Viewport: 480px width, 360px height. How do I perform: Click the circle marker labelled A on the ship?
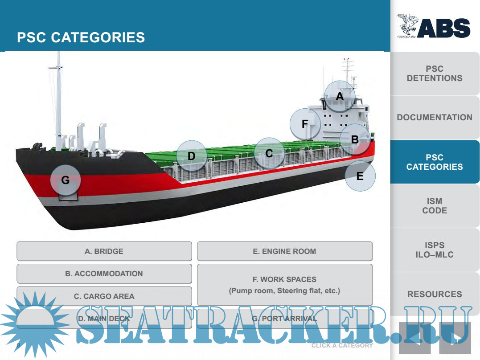tap(340, 96)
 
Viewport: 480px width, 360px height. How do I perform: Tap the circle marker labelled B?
tap(355, 139)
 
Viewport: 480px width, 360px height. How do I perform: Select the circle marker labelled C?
tap(269, 153)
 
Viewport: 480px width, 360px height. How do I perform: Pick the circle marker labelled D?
tap(192, 156)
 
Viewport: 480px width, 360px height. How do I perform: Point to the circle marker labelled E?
tap(360, 176)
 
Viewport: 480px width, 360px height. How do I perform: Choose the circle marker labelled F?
tap(305, 124)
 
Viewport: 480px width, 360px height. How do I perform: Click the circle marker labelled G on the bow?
tap(65, 180)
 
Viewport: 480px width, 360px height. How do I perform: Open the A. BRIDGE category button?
tap(104, 251)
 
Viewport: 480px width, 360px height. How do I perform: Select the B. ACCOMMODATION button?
tap(104, 274)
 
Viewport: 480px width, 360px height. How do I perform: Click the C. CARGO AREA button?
tap(104, 296)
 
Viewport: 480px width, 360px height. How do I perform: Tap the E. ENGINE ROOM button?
tap(284, 251)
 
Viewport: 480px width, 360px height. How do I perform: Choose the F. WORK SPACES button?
tap(284, 285)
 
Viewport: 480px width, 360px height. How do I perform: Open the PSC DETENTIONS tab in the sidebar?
tap(435, 74)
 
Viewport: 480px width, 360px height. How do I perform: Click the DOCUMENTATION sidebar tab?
tap(435, 118)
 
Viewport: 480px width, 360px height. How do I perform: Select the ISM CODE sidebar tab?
tap(435, 206)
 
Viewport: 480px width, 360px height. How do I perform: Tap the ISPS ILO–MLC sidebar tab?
tap(435, 250)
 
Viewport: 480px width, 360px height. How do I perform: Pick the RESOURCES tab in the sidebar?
tap(435, 294)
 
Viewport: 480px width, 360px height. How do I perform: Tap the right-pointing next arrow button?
tap(455, 338)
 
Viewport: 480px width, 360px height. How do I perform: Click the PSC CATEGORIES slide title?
tap(81, 37)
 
